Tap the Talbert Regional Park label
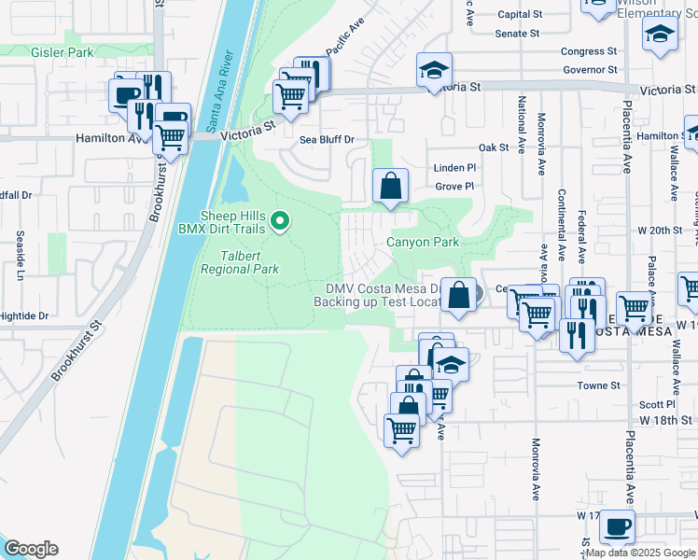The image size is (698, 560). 240,261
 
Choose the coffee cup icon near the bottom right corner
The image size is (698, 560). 617,525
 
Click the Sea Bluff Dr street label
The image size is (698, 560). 327,140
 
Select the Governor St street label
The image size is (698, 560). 589,70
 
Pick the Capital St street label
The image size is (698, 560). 520,15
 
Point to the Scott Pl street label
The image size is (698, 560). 657,404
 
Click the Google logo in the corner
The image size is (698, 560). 32,548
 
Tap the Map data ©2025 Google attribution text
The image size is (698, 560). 640,553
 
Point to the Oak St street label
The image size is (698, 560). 493,147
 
